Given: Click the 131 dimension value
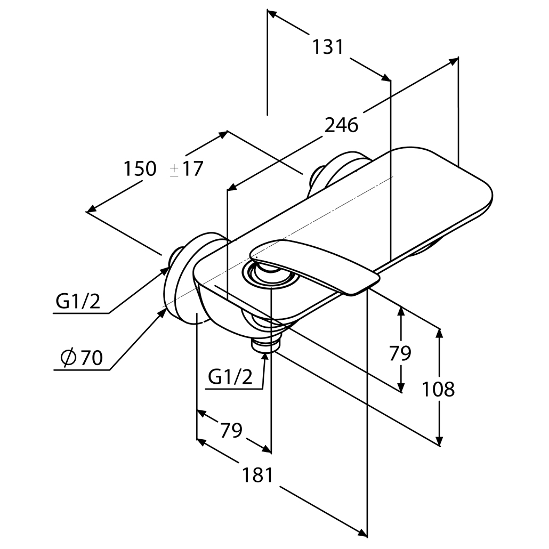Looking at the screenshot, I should (327, 47).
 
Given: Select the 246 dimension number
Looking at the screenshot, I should (342, 125).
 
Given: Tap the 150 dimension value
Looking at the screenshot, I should (140, 169).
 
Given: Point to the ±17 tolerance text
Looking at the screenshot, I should (187, 169).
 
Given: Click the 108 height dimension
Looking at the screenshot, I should (438, 389).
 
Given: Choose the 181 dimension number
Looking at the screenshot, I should (257, 475).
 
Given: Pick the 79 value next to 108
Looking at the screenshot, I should (400, 353).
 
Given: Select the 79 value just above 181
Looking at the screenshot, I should (231, 430).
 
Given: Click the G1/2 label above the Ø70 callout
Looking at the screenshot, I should (78, 302).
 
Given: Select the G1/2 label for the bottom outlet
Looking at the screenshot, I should (230, 377).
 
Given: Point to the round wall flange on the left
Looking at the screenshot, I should (184, 277).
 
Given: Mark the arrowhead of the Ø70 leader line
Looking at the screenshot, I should (162, 312).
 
